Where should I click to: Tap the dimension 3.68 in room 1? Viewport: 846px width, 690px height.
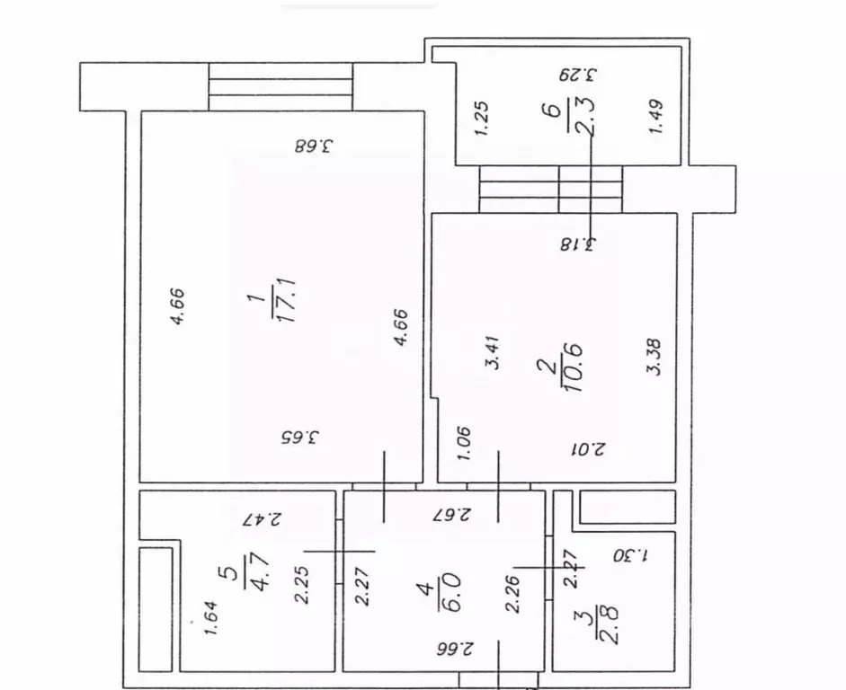(314, 144)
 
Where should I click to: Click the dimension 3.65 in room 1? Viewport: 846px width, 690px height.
(301, 439)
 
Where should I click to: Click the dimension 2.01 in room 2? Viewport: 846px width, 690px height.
(590, 448)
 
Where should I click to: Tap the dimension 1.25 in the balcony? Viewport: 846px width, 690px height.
(481, 119)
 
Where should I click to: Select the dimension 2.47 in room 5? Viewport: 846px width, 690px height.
(263, 518)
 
